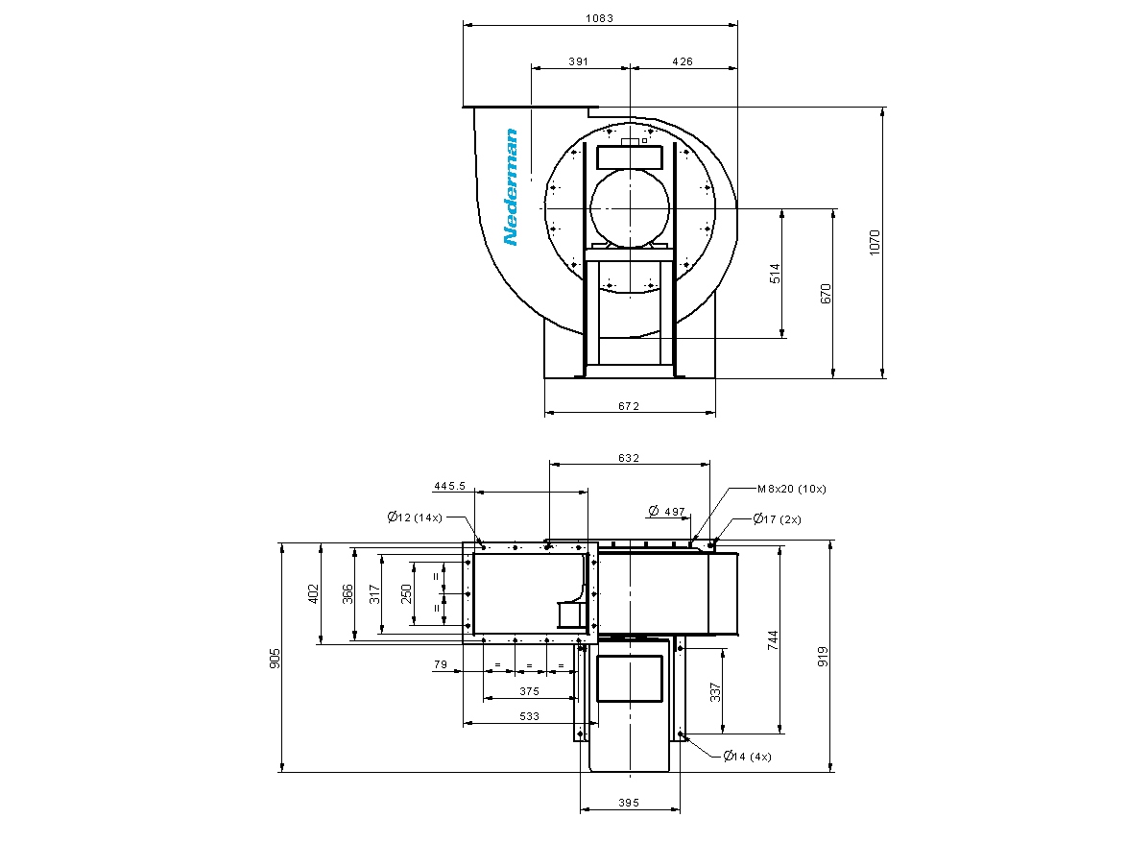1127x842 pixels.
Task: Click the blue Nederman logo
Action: point(511,187)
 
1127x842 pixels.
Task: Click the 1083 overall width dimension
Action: point(599,18)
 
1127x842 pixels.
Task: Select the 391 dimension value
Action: point(578,61)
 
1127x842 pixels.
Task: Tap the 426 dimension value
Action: point(683,61)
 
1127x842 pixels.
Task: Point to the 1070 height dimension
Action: point(874,242)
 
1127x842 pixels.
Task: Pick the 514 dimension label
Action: point(775,274)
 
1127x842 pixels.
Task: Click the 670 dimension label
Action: point(826,294)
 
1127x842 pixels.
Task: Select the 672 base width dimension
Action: point(628,406)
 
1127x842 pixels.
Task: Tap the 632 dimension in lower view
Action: point(628,458)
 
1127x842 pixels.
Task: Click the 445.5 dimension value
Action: point(450,486)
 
